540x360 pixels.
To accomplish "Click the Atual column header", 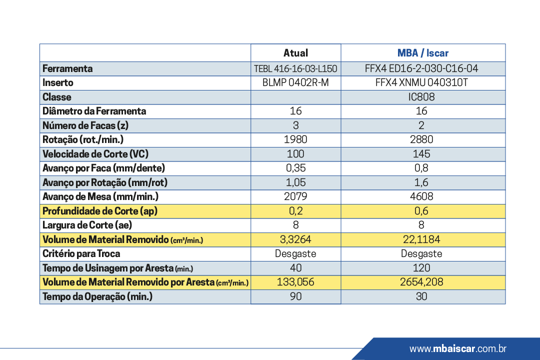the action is (x=295, y=53).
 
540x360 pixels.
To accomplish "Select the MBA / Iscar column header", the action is (x=423, y=53).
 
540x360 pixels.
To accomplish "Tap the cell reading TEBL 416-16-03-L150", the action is (x=295, y=69).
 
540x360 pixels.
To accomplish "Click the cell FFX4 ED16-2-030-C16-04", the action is (x=421, y=68).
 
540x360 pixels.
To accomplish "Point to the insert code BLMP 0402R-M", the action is (x=295, y=82).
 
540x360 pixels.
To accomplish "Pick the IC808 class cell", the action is (x=421, y=97).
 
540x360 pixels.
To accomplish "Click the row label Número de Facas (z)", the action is (x=85, y=125).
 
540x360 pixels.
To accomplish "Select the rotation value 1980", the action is (x=295, y=139).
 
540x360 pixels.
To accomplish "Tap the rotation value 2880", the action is (x=421, y=139).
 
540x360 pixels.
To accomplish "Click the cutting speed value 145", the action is (x=421, y=154).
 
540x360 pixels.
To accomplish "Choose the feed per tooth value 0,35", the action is (x=296, y=168).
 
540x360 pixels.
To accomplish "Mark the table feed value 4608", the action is (x=421, y=196).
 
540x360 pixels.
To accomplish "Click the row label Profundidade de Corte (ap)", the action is (x=100, y=211).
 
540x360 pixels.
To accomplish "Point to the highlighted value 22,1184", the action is (x=421, y=239).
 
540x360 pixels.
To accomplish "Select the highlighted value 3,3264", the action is (x=295, y=239).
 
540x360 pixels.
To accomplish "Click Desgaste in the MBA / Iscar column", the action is (x=421, y=254).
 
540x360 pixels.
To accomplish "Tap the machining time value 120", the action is (x=421, y=268).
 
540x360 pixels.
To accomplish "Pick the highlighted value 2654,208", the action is (x=421, y=282).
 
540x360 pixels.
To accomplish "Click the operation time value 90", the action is (x=295, y=296).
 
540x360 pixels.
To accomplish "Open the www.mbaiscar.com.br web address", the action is (x=457, y=348).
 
